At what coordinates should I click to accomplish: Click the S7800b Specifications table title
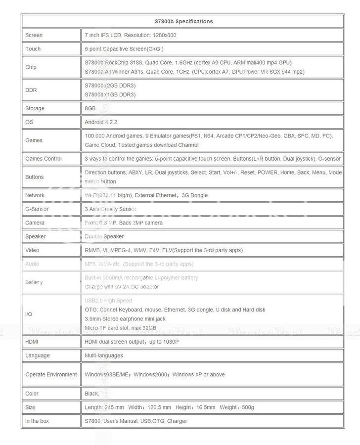pos(183,21)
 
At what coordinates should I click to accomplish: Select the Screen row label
pos(34,35)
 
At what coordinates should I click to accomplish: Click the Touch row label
pos(33,49)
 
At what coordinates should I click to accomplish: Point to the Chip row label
pos(31,67)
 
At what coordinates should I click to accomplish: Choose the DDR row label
pos(31,90)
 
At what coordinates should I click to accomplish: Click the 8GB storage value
pos(90,108)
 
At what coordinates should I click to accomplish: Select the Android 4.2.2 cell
pos(101,122)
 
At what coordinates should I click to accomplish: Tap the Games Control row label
pos(44,159)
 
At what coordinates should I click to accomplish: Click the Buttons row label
pos(34,177)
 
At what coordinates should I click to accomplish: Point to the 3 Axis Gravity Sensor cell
pos(110,209)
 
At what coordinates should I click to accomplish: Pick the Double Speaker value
pos(104,236)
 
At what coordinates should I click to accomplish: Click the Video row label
pos(32,250)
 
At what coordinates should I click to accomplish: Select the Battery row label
pos(34,282)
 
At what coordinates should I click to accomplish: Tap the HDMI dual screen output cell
pos(132,342)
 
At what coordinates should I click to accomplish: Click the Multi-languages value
pos(104,356)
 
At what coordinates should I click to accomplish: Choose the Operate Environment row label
pos(51,374)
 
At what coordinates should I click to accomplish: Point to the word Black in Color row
pos(91,394)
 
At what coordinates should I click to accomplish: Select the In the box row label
pos(37,421)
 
